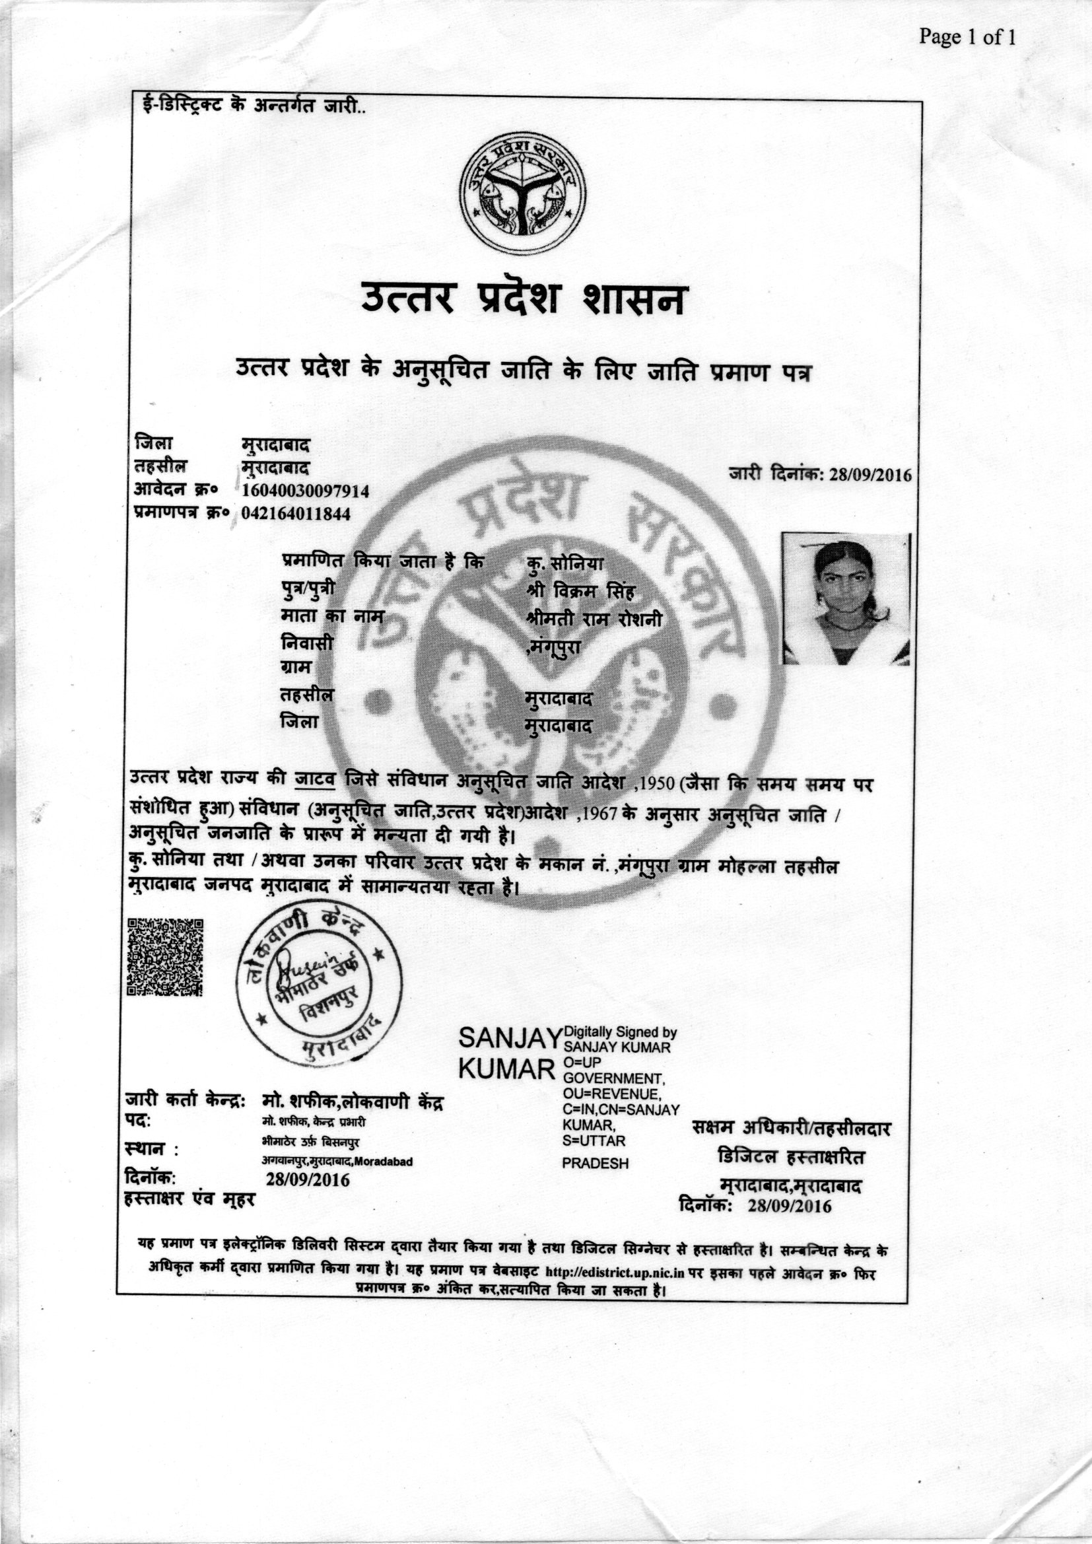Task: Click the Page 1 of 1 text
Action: click(x=967, y=37)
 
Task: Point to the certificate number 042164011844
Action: click(x=296, y=514)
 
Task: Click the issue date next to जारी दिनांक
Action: click(x=870, y=475)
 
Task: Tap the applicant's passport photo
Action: click(x=846, y=599)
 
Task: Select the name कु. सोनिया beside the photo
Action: click(x=567, y=563)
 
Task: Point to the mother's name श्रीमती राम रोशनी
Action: click(x=596, y=619)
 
